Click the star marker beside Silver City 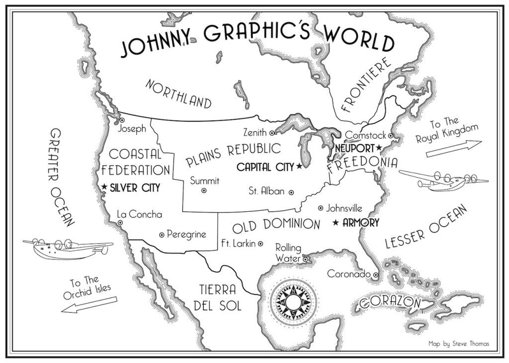point(104,187)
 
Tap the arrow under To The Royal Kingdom point(454,148)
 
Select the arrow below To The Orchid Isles point(90,305)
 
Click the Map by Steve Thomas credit point(458,343)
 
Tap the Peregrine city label point(186,234)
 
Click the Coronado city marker point(376,274)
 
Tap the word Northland point(178,93)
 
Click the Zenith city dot point(272,133)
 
